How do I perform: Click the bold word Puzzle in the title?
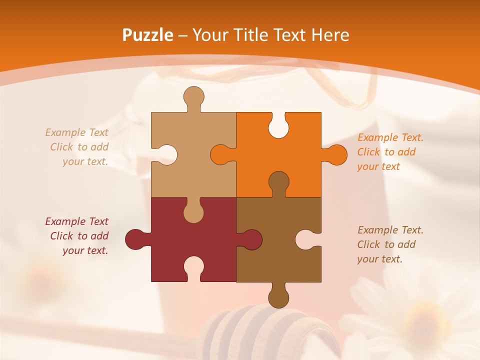click(x=148, y=35)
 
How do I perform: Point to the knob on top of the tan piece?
click(x=193, y=96)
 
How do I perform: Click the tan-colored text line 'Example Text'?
click(x=77, y=132)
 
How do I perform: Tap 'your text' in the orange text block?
click(x=378, y=166)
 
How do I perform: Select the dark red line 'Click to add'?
click(x=79, y=236)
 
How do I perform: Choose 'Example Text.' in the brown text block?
click(x=390, y=230)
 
